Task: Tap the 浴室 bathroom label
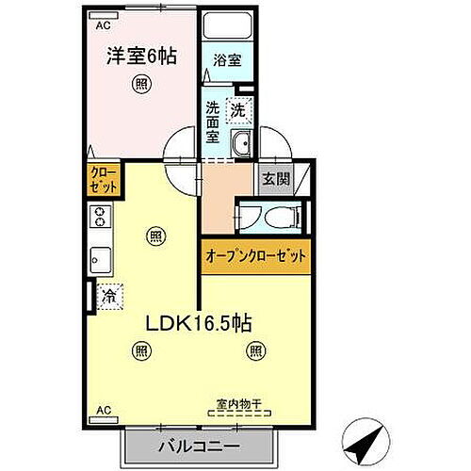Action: point(227,59)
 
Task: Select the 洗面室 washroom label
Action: point(214,121)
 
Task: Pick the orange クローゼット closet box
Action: point(103,180)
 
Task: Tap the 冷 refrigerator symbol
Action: point(110,294)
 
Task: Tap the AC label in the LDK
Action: point(102,412)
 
